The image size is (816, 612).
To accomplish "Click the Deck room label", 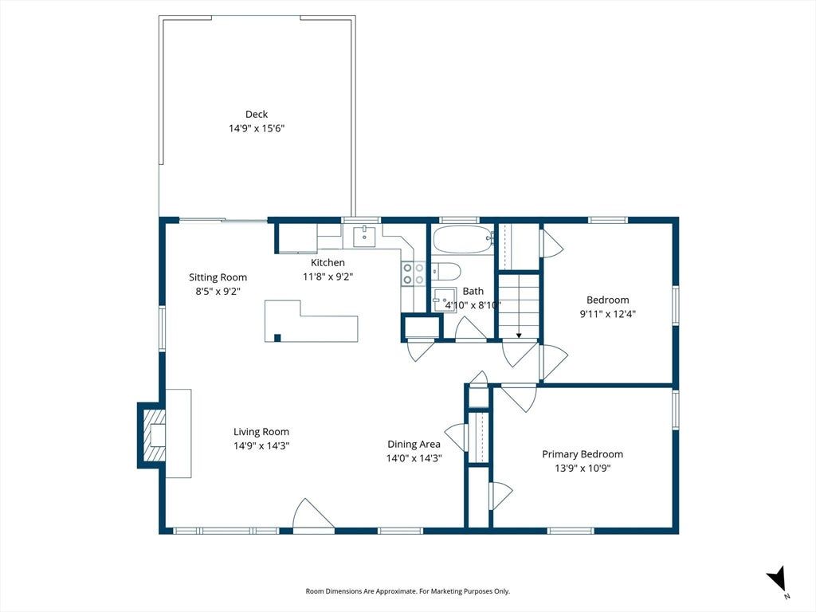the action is point(257,114).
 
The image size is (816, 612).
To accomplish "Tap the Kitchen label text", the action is point(328,262).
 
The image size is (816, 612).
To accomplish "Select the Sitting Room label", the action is point(218,277).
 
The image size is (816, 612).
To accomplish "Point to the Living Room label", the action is point(261,431).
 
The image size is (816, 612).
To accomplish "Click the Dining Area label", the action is point(414,444).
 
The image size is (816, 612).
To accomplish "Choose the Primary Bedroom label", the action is point(583,453).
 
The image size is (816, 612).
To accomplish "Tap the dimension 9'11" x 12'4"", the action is point(608,314).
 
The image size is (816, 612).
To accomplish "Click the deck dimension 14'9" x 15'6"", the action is point(257,128).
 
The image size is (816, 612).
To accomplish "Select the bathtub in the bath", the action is point(463,239).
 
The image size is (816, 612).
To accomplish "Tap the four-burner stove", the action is point(414,274).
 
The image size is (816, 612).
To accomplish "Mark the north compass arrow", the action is point(777,579).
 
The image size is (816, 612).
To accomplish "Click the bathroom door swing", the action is point(471,328).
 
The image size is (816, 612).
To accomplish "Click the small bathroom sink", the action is point(444,300).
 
